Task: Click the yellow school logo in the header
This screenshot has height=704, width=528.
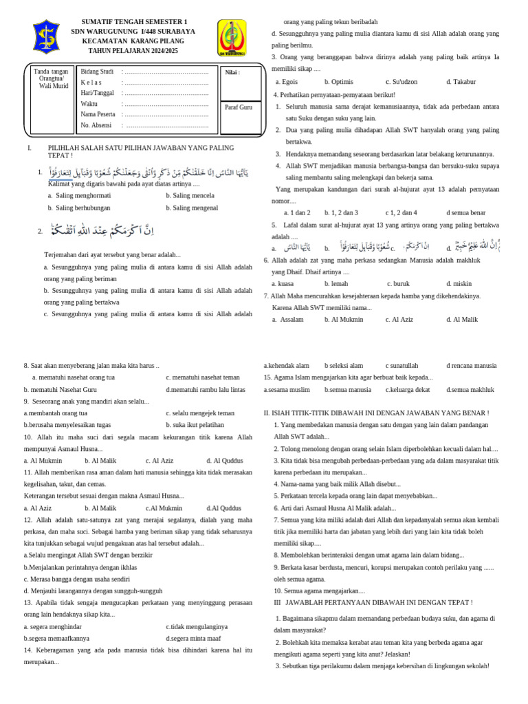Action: (x=232, y=38)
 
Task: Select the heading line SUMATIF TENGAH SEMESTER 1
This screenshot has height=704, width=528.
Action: (x=134, y=22)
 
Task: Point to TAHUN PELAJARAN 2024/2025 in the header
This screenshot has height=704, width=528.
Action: (x=134, y=51)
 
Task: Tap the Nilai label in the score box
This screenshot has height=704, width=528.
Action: (x=232, y=72)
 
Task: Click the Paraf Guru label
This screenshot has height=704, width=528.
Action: (x=239, y=107)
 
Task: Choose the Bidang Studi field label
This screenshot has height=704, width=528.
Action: (x=97, y=71)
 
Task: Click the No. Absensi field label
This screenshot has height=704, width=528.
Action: (x=96, y=125)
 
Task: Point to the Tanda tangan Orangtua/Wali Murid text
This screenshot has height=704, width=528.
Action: (x=52, y=78)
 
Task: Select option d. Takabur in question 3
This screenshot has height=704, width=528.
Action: (x=461, y=81)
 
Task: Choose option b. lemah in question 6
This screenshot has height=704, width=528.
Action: (x=336, y=283)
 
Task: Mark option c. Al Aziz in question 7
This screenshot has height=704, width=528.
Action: (x=399, y=319)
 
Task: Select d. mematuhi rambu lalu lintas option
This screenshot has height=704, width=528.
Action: (x=205, y=390)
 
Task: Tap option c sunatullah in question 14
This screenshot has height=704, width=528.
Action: (x=401, y=366)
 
